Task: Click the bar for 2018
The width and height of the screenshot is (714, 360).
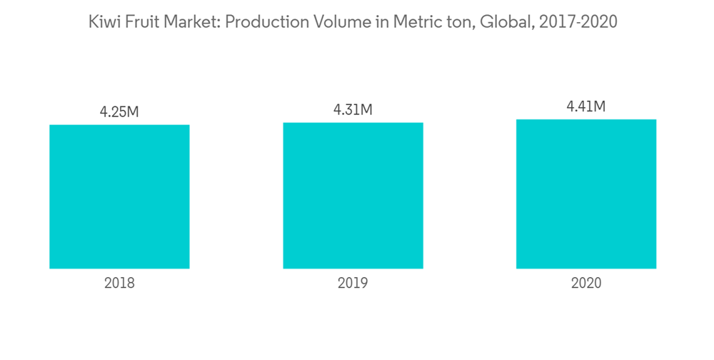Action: tap(119, 196)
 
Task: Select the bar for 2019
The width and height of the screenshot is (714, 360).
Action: tap(353, 195)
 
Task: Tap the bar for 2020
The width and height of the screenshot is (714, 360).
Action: tap(586, 194)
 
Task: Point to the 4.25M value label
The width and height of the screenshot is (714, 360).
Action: tap(119, 112)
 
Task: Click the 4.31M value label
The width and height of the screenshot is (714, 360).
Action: tap(353, 110)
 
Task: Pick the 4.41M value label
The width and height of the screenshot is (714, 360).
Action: tap(586, 107)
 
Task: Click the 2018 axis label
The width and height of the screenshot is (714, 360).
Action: tap(119, 283)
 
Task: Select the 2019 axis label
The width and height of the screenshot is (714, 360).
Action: tap(353, 283)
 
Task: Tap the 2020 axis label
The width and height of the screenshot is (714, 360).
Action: tap(586, 283)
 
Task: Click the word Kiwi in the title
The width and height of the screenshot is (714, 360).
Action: tap(101, 23)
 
